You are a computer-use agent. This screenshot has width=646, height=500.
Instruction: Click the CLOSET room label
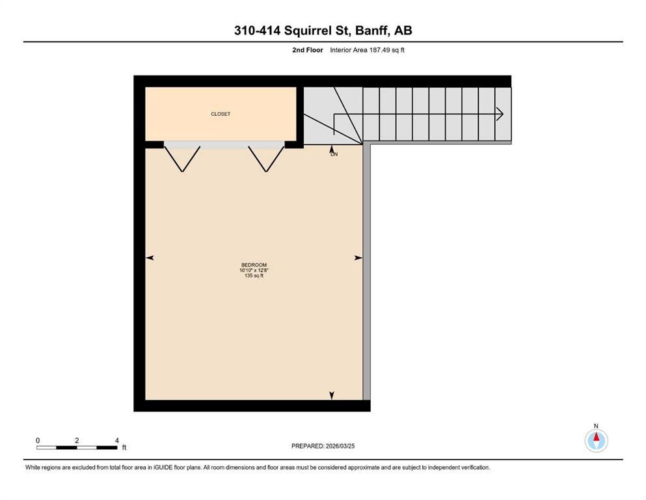[x=221, y=114]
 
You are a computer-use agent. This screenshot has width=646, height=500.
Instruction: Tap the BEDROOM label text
[x=254, y=265]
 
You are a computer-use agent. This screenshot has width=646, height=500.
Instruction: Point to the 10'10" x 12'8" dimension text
[x=254, y=270]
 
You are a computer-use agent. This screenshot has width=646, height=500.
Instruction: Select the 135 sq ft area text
[x=254, y=275]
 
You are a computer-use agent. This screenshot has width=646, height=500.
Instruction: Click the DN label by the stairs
[x=334, y=154]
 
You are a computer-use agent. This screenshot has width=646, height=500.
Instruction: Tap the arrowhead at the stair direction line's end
[x=500, y=114]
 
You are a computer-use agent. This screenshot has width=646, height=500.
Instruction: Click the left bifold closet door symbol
[x=182, y=158]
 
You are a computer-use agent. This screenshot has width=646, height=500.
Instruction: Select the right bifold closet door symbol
[x=266, y=158]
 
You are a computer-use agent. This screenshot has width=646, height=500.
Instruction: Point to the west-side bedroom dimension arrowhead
[x=150, y=258]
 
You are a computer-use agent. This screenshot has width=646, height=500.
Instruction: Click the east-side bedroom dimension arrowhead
[x=358, y=258]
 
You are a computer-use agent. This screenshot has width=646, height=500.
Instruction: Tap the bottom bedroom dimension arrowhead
[x=332, y=395]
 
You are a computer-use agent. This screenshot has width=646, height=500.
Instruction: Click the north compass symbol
[x=596, y=440]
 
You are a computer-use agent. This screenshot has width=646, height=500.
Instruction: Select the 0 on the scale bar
[x=38, y=441]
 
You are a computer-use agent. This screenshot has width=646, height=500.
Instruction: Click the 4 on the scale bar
[x=116, y=441]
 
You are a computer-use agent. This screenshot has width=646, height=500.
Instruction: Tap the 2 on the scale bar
[x=77, y=441]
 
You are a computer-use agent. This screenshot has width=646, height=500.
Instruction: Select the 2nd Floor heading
[x=307, y=49]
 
